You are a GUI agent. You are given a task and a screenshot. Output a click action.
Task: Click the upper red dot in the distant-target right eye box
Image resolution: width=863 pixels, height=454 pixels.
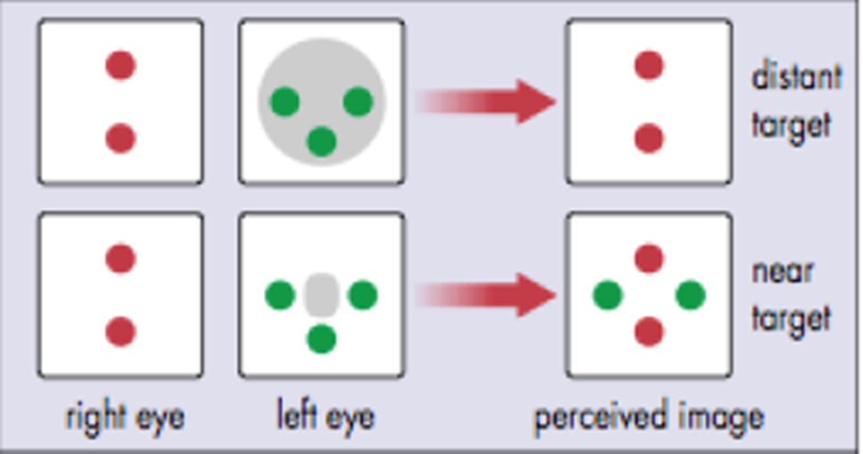coord(120,65)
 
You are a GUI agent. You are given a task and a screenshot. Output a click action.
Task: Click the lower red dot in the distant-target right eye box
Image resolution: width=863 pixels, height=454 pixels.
coord(120,138)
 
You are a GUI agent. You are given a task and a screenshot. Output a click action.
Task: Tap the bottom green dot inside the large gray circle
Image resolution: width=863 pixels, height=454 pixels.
coord(321,141)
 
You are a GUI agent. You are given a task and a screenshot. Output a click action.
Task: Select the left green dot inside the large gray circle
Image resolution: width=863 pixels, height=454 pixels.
coord(284,102)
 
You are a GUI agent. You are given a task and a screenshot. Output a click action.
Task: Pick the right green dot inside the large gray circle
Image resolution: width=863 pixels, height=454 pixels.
coord(358,102)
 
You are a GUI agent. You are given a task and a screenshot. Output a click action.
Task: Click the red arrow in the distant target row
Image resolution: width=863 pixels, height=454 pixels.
coord(486,102)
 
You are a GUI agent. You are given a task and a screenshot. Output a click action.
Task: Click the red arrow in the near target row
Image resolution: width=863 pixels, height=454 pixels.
coord(486,295)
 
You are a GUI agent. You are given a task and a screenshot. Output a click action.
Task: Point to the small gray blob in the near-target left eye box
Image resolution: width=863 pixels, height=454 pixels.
coord(320,294)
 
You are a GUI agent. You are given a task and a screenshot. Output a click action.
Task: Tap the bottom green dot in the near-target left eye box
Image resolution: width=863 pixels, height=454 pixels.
coord(321,338)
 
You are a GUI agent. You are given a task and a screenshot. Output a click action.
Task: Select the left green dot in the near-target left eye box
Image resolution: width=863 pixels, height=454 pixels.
coord(280,294)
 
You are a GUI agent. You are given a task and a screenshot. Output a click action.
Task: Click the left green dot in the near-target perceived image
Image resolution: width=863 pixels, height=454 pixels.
coord(607,294)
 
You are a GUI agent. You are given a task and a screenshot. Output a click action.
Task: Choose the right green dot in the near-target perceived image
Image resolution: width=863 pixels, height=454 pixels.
coord(690,294)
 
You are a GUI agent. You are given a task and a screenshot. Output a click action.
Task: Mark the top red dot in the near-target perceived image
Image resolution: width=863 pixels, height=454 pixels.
coord(649,259)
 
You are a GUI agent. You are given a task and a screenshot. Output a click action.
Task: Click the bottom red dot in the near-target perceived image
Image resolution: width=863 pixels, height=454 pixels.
coord(649,332)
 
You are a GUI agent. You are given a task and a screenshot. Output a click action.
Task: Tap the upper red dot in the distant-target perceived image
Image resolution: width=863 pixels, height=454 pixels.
coord(649,65)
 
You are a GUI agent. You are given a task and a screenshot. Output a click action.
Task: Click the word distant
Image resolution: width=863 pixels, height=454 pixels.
coord(796,78)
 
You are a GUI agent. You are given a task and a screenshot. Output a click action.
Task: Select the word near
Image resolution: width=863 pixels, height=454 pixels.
coord(783,270)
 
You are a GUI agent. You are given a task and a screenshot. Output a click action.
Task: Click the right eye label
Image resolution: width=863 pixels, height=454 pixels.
coord(125,417)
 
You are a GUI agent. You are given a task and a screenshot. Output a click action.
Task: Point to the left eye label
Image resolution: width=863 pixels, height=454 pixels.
coord(325,417)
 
